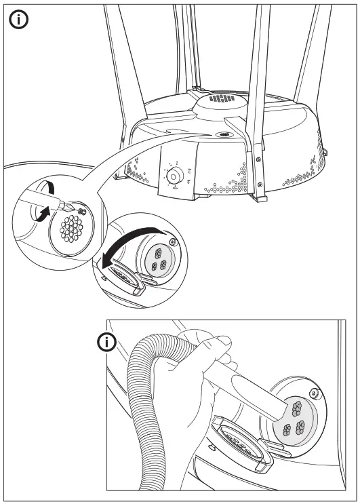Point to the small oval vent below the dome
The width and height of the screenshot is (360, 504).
(x=222, y=135)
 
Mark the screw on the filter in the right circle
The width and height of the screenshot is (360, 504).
(x=174, y=242)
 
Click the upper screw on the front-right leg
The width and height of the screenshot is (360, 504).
(x=258, y=159)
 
